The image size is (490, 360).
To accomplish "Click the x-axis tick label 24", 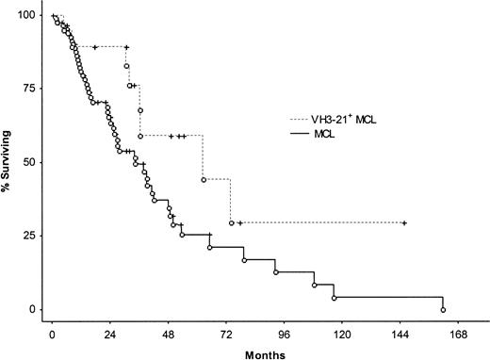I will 109,334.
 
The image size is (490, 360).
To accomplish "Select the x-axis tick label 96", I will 284,334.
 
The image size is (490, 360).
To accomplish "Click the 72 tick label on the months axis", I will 226,334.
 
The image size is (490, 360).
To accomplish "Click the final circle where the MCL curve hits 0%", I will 443,309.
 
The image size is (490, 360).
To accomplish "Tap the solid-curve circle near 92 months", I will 276,271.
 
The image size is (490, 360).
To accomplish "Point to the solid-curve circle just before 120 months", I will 335,298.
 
